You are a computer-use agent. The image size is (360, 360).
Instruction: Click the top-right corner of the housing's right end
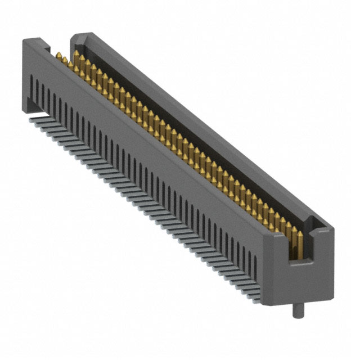(x=332, y=230)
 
